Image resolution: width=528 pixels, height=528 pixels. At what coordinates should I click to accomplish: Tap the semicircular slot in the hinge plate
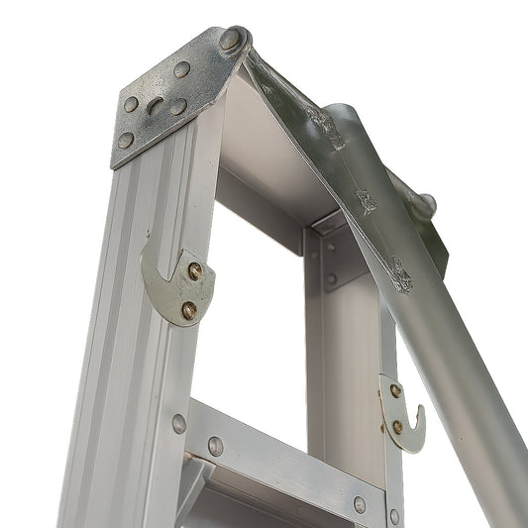click(x=156, y=106)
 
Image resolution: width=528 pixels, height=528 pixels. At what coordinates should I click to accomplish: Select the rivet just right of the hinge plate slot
click(x=178, y=106)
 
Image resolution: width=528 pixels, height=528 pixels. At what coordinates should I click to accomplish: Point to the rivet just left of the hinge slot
click(x=131, y=104)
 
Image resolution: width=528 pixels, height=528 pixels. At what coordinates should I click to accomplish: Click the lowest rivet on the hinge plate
click(x=125, y=141)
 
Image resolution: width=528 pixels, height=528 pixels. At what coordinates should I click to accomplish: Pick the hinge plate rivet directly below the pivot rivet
click(x=182, y=69)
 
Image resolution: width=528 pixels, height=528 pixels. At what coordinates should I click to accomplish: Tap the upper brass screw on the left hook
click(x=195, y=269)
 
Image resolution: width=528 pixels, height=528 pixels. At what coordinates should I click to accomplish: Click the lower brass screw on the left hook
click(x=188, y=310)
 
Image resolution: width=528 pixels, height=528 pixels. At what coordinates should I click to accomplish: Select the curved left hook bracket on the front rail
click(x=163, y=287)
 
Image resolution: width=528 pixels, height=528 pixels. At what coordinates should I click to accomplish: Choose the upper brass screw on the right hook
click(x=395, y=390)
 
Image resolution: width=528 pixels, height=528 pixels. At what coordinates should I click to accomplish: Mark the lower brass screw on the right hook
click(x=397, y=427)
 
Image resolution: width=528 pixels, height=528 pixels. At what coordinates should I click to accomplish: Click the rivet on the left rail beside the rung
click(x=178, y=423)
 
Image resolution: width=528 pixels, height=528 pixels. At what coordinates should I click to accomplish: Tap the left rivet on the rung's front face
click(x=215, y=446)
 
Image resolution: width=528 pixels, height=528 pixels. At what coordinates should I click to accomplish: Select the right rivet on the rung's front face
click(x=360, y=504)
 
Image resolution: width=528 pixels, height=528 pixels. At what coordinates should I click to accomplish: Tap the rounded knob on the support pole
click(x=425, y=205)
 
